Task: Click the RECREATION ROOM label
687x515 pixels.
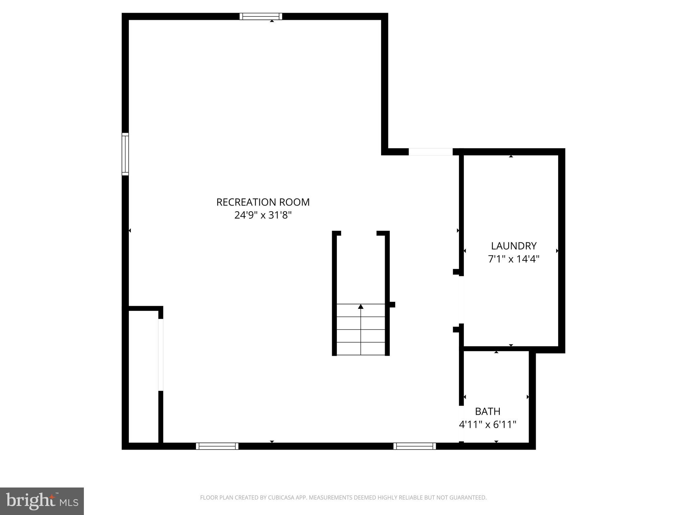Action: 263,202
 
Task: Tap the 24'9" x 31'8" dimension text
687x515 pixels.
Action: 263,215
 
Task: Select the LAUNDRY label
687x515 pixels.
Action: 514,246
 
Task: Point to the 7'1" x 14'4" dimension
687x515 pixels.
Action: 514,259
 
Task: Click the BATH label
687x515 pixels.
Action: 487,411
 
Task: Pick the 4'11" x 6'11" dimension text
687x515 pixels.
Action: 487,425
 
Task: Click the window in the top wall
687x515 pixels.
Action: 261,16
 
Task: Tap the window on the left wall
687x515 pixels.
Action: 125,154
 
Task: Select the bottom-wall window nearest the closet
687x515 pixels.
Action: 217,446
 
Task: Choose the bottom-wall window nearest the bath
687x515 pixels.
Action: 415,446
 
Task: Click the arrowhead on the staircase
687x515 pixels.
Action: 361,306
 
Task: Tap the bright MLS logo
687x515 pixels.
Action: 42,501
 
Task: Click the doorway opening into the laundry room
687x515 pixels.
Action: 461,299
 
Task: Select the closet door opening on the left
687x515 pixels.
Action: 161,354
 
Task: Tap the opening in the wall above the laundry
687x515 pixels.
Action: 430,152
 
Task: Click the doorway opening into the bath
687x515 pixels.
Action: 461,423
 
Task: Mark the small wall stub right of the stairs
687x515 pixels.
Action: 392,304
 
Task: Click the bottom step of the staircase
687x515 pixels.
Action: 361,349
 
